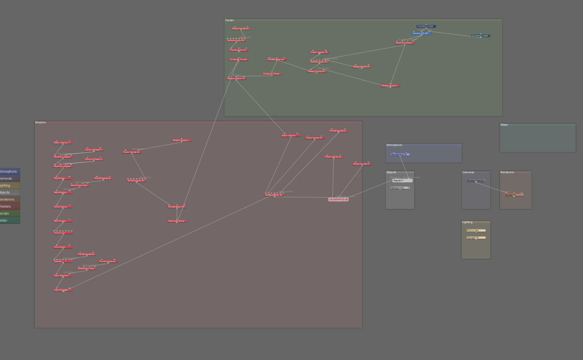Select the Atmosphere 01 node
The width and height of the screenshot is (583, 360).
click(400, 154)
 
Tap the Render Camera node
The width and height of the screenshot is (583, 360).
click(476, 181)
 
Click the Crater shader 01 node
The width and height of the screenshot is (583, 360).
click(319, 52)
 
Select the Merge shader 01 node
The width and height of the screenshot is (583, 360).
click(236, 78)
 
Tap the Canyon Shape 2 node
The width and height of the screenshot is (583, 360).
click(94, 159)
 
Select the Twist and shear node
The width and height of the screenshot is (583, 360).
click(177, 221)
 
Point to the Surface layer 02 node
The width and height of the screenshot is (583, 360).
click(274, 195)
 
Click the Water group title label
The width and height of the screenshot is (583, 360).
click(504, 125)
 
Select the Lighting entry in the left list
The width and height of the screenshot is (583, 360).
click(7, 185)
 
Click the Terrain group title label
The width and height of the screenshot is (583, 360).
click(230, 20)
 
